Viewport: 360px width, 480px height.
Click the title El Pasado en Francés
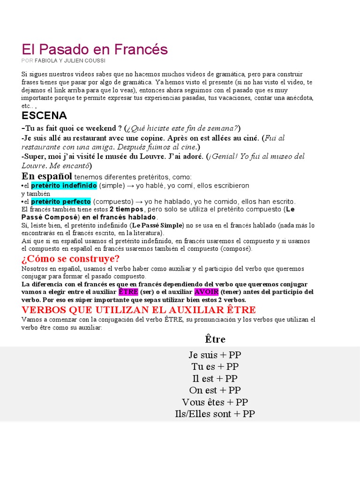coord(94,49)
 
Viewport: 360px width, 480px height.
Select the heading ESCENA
coord(44,116)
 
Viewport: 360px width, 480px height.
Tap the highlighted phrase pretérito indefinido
coord(64,186)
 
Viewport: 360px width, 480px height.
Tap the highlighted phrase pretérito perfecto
coord(61,201)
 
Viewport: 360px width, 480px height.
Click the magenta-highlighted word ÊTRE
coord(128,292)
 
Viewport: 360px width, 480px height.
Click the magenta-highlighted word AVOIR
coord(206,292)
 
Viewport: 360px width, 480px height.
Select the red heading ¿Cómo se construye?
coord(70,259)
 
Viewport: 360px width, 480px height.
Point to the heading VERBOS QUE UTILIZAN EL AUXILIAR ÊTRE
coord(139,310)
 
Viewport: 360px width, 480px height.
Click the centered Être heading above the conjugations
coord(215,339)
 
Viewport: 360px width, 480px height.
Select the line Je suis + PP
coord(215,355)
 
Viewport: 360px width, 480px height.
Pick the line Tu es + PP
coord(215,367)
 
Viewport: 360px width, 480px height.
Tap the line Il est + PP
coord(215,378)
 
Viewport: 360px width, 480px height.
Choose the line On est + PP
coord(215,390)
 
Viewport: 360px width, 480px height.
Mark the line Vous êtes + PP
coord(215,402)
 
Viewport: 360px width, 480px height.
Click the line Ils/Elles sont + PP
coord(215,414)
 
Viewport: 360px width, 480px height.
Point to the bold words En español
coord(47,176)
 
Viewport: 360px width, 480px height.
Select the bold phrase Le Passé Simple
coord(157,225)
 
